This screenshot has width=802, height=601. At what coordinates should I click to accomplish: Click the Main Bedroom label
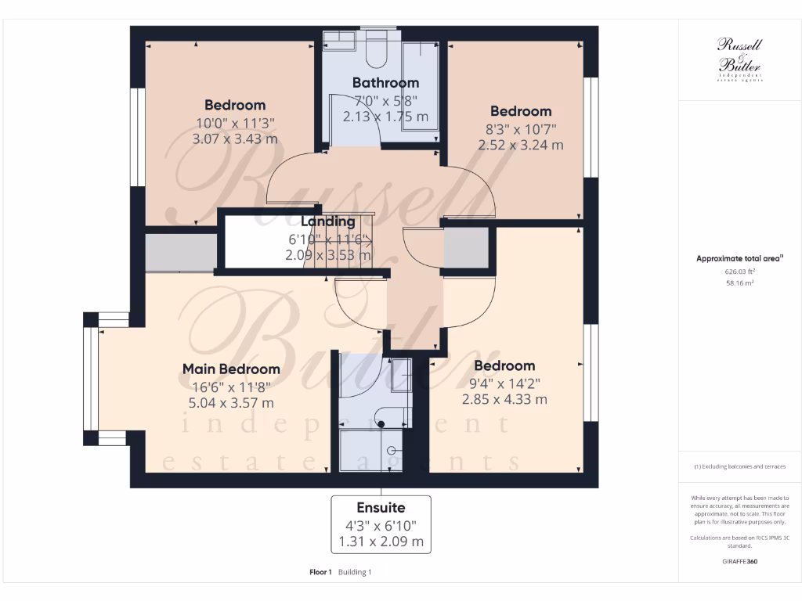[231, 369]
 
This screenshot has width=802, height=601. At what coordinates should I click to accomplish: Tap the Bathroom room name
[385, 82]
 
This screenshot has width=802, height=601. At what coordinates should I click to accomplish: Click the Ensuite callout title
[381, 507]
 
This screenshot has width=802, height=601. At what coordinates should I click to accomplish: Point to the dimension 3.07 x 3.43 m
[235, 139]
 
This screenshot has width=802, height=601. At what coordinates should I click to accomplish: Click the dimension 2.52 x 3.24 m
[521, 145]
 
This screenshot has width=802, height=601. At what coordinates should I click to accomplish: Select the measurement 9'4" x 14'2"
[504, 383]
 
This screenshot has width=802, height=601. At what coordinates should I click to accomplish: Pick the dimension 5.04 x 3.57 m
[231, 403]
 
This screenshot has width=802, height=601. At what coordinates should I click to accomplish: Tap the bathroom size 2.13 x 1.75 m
[385, 117]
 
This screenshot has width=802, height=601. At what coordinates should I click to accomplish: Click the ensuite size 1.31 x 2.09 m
[381, 542]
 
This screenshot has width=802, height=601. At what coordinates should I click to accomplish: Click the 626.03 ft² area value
[739, 272]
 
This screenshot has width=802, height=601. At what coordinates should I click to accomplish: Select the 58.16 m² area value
[739, 283]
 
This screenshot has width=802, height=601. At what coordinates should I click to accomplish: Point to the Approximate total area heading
[739, 257]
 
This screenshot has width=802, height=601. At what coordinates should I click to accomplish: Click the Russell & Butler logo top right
[739, 59]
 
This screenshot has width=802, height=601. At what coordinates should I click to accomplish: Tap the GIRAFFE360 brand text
[739, 561]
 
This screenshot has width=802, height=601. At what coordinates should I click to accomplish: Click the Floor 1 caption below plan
[321, 572]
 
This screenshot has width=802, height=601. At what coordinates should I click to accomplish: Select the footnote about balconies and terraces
[739, 466]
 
